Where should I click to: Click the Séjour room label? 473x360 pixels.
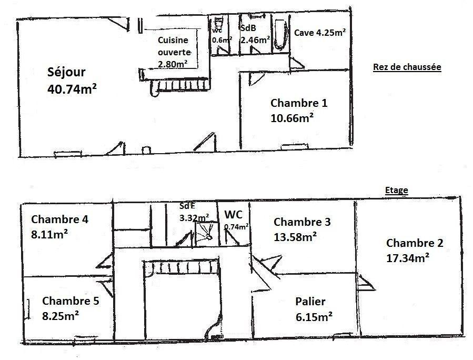66,72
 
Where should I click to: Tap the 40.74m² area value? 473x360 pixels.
72,89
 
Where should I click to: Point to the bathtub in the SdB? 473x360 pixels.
281,35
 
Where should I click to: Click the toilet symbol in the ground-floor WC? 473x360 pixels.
218,23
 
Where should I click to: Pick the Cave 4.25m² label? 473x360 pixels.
320,32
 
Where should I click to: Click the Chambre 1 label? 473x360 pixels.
299,103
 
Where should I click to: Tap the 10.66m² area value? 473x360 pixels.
291,118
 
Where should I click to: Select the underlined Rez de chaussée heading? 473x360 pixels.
407,67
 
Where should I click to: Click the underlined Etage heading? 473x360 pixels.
397,190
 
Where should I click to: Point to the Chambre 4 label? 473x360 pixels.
60,219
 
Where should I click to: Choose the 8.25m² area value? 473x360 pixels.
61,316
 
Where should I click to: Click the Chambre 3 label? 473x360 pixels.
302,222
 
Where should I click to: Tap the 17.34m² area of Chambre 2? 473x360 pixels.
408,258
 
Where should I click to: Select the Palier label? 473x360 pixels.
310,302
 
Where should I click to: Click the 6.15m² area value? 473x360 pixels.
314,317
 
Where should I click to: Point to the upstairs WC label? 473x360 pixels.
234,215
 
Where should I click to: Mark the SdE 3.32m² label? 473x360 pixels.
194,212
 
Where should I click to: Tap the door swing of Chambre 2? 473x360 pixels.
366,283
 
